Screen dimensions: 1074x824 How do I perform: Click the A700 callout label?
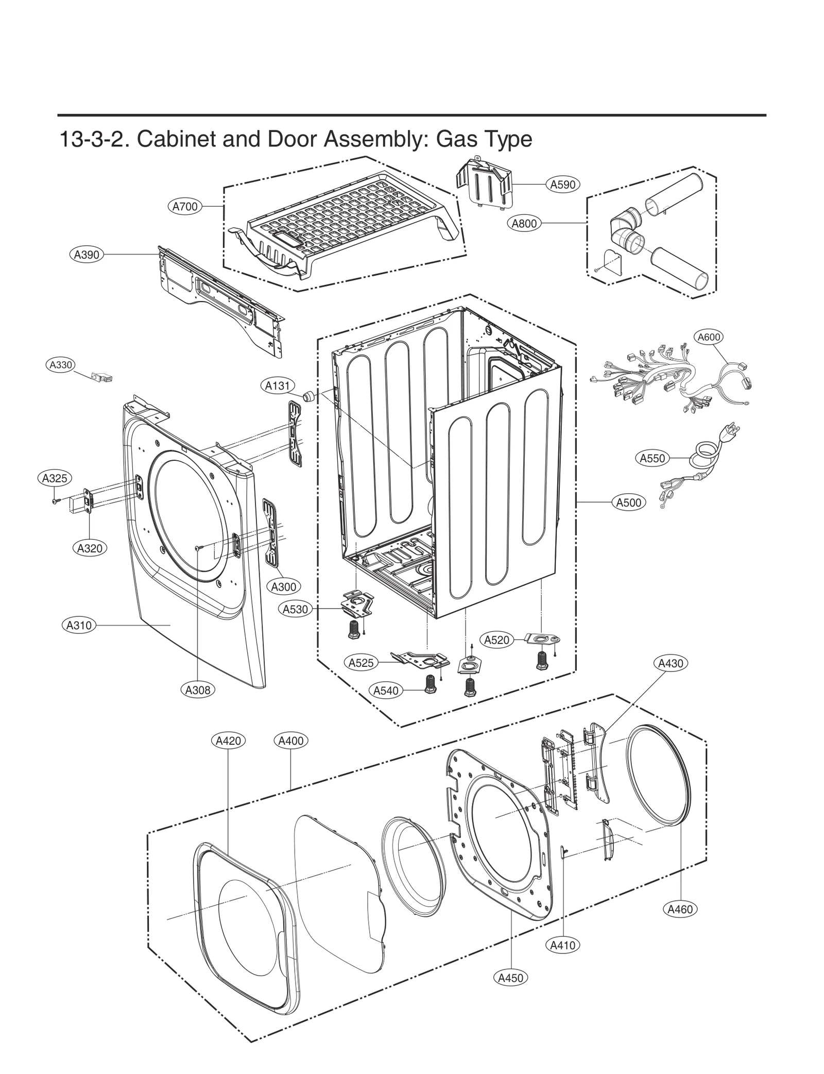click(184, 207)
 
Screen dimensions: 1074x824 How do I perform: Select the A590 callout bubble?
click(562, 184)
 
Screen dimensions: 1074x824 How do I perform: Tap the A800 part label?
click(524, 223)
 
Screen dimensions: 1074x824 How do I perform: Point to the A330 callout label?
click(60, 365)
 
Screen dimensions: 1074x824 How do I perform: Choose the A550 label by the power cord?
click(652, 458)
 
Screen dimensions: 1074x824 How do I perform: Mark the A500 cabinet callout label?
click(629, 502)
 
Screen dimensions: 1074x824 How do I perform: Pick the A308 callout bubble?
click(198, 690)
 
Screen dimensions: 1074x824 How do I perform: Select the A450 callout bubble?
click(511, 978)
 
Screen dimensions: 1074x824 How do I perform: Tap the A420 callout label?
click(228, 741)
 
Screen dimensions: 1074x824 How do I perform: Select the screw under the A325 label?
click(55, 500)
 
